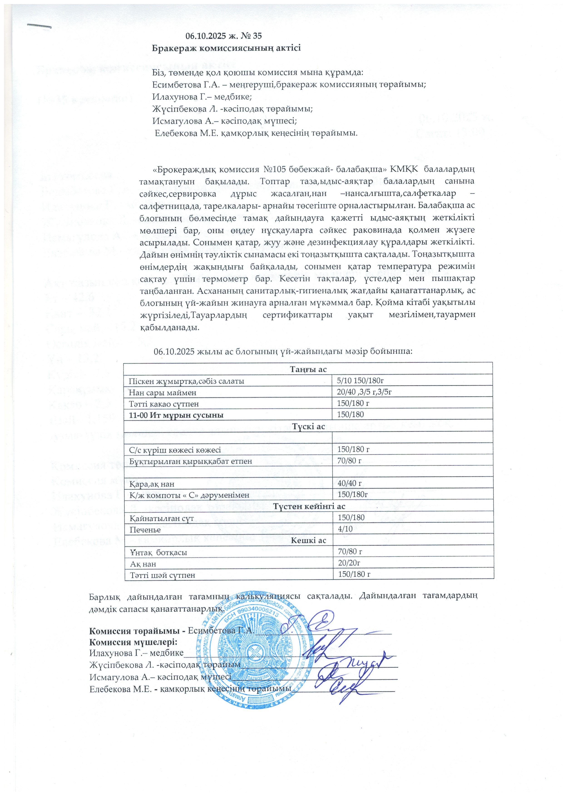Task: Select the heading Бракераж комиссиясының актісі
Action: click(x=226, y=48)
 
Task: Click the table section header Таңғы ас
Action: click(x=308, y=369)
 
